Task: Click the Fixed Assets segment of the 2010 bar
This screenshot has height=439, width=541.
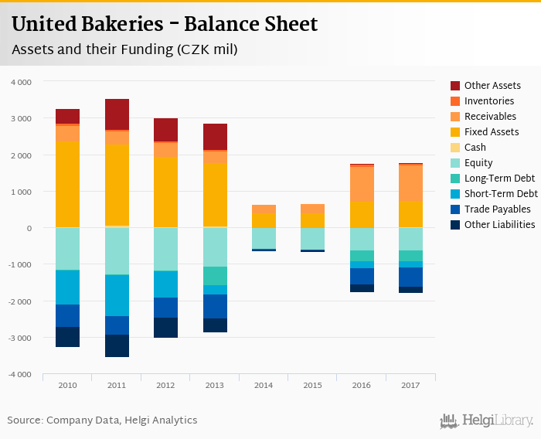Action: pyautogui.click(x=67, y=184)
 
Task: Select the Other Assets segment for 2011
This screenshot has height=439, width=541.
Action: pyautogui.click(x=117, y=114)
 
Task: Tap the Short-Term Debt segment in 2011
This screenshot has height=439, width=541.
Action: pyautogui.click(x=117, y=295)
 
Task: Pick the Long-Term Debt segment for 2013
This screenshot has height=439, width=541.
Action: pyautogui.click(x=215, y=276)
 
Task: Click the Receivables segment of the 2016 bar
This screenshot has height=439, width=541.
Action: pyautogui.click(x=362, y=184)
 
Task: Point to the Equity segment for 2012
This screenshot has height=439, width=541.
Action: pyautogui.click(x=165, y=249)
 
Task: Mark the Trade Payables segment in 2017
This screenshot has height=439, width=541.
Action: pyautogui.click(x=411, y=277)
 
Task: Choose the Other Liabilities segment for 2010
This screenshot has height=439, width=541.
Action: pyautogui.click(x=67, y=336)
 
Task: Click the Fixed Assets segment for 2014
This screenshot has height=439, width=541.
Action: pyautogui.click(x=264, y=219)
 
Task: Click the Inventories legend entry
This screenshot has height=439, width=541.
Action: pyautogui.click(x=488, y=101)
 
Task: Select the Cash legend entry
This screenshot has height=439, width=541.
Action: pyautogui.click(x=475, y=148)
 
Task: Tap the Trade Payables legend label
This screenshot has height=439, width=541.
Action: pyautogui.click(x=497, y=209)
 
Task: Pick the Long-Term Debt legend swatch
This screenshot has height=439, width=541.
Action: pyautogui.click(x=455, y=179)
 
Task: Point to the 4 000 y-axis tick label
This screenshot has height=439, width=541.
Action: pyautogui.click(x=22, y=82)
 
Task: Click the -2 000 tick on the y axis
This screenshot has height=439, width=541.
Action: pyautogui.click(x=20, y=301)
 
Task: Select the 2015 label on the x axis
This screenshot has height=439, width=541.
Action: pyautogui.click(x=312, y=384)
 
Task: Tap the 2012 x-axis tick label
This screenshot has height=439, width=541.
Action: pyautogui.click(x=165, y=384)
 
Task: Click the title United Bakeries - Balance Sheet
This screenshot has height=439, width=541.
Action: pyautogui.click(x=165, y=25)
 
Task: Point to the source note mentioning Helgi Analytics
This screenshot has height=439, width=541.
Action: pyautogui.click(x=102, y=420)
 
